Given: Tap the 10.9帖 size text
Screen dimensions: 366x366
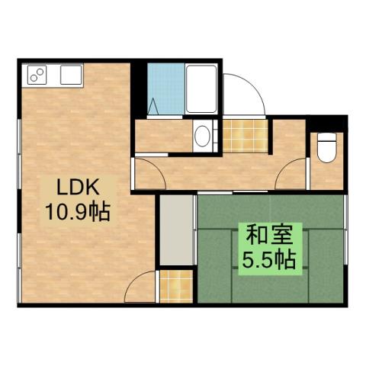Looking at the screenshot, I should tap(78, 210).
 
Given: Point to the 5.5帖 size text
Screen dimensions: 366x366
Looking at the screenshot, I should tap(269, 259).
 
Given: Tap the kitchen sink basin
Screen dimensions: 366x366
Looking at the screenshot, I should tap(72, 75).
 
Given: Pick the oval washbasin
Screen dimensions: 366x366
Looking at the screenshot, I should tap(201, 137).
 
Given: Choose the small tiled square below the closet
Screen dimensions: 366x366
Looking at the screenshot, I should tap(175, 286).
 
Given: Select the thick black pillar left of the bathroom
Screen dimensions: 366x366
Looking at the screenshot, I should tap(139, 88).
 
